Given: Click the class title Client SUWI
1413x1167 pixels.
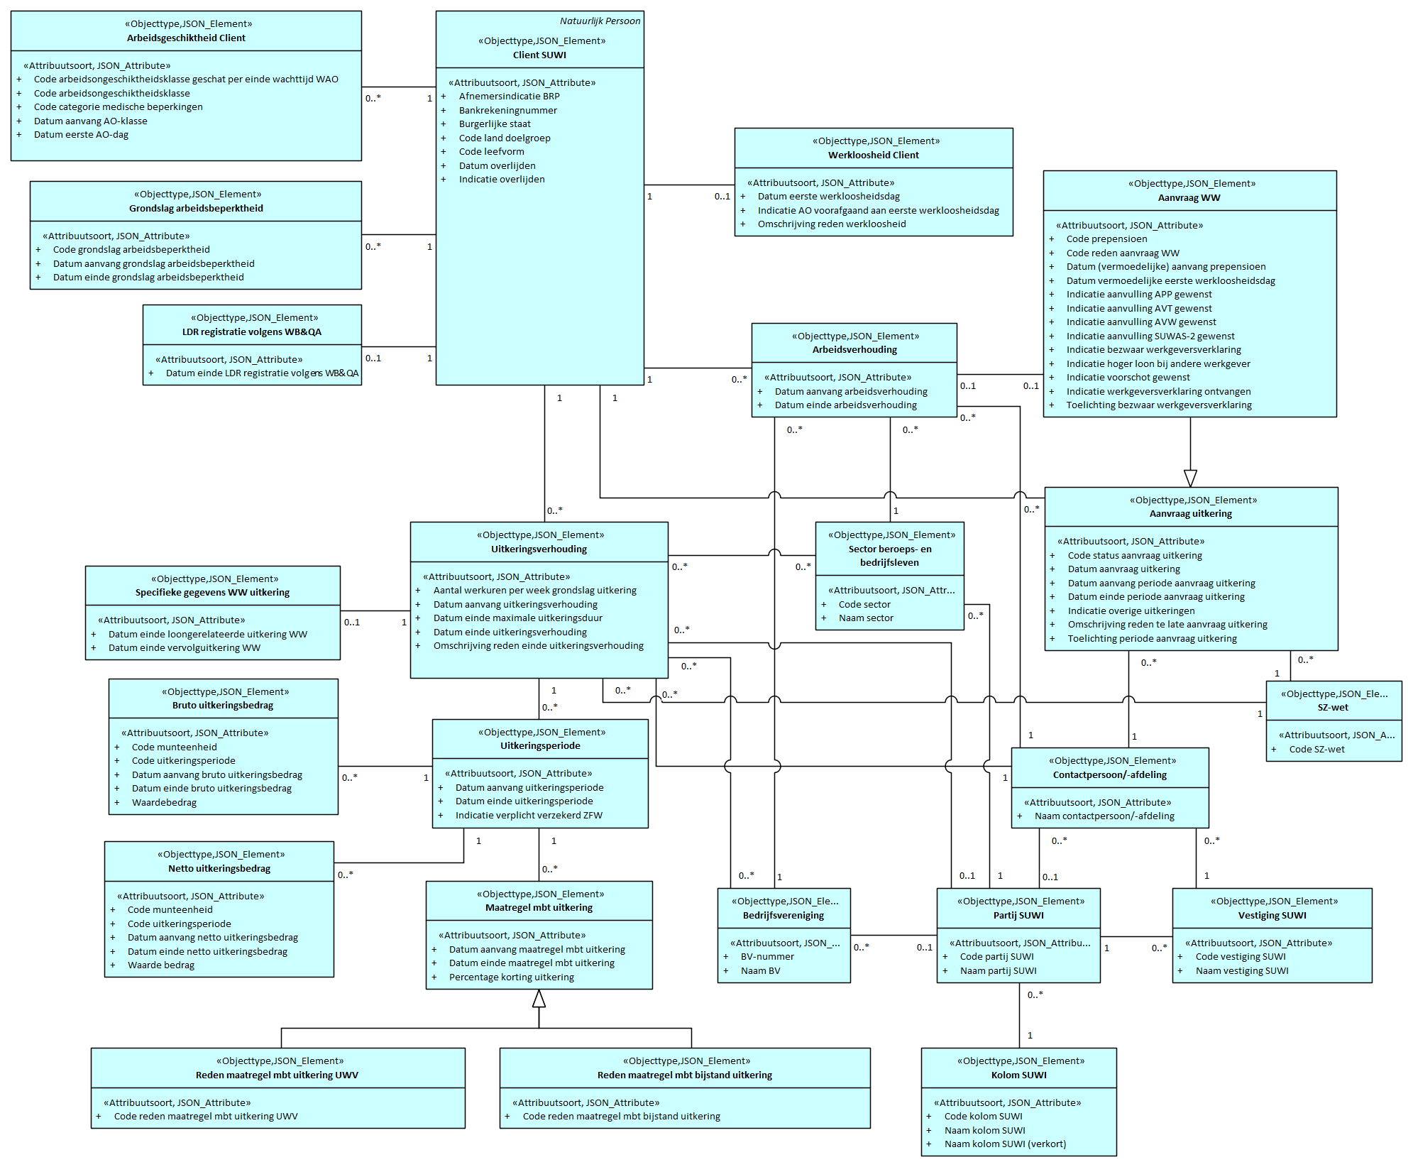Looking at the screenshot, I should pyautogui.click(x=539, y=55).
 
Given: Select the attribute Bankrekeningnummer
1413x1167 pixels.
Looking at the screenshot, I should pyautogui.click(x=507, y=110).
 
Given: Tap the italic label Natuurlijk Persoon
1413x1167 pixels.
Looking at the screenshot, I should pyautogui.click(x=600, y=21).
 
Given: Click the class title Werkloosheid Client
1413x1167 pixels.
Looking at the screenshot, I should pyautogui.click(x=873, y=155).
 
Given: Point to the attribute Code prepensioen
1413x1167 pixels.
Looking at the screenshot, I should pyautogui.click(x=1106, y=239).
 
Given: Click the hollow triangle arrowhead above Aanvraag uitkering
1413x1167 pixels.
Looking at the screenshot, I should pyautogui.click(x=1190, y=478).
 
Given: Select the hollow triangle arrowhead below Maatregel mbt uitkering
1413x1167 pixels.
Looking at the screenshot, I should pyautogui.click(x=539, y=999).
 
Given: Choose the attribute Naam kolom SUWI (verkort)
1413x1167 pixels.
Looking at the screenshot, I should pyautogui.click(x=1004, y=1144).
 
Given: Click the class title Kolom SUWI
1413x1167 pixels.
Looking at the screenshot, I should pyautogui.click(x=1018, y=1075).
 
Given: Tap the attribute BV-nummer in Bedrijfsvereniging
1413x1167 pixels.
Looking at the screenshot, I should pyautogui.click(x=767, y=956).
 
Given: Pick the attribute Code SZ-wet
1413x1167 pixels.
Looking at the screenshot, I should pyautogui.click(x=1316, y=749).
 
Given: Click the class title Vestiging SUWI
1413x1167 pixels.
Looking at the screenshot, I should pyautogui.click(x=1272, y=915).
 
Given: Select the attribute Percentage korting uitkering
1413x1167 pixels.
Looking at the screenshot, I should pyautogui.click(x=511, y=977).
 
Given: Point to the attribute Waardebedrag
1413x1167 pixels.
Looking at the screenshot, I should pyautogui.click(x=164, y=802).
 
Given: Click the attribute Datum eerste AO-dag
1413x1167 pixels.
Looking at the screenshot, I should pyautogui.click(x=81, y=134).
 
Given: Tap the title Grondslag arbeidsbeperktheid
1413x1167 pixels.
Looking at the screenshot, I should pyautogui.click(x=196, y=208).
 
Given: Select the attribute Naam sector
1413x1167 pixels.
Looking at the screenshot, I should pyautogui.click(x=866, y=618).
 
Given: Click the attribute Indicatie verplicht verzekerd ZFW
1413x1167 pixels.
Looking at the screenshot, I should pyautogui.click(x=529, y=815).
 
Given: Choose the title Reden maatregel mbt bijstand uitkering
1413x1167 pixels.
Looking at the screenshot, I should pyautogui.click(x=684, y=1075).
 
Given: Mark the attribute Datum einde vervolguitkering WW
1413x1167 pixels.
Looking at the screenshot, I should pyautogui.click(x=184, y=647).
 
